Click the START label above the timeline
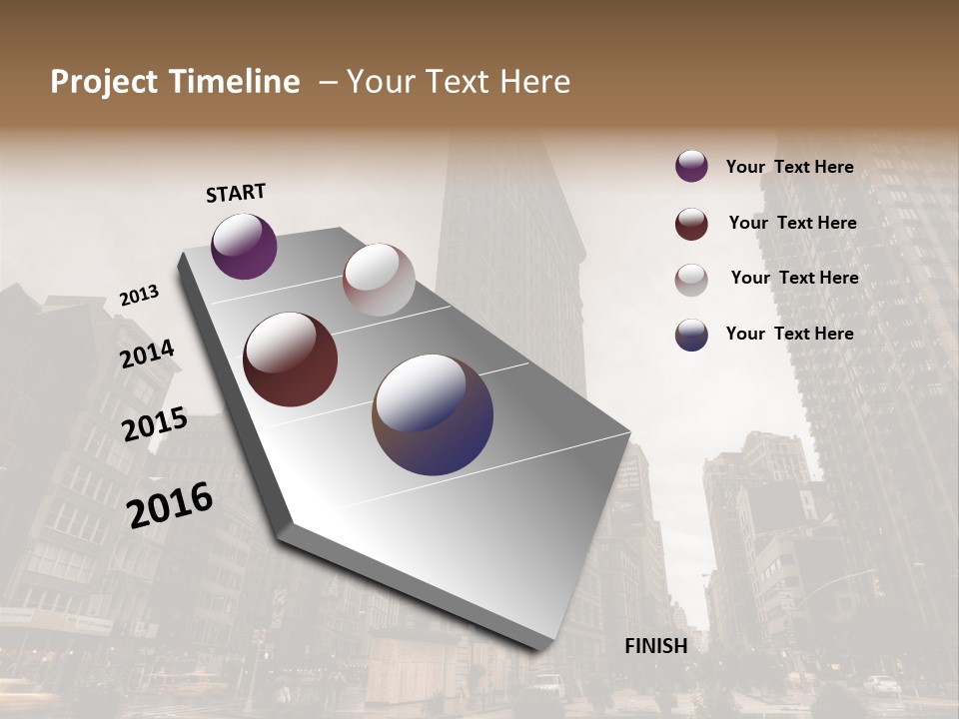[x=236, y=193]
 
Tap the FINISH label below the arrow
[x=655, y=646]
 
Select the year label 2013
[x=139, y=296]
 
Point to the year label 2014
[x=147, y=354]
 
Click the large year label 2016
[x=170, y=505]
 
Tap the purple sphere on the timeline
[x=244, y=246]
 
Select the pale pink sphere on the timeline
[x=379, y=280]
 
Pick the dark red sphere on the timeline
[x=290, y=359]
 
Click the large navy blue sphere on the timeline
[x=433, y=414]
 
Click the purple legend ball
[x=691, y=166]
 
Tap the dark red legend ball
[x=691, y=224]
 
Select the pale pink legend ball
[x=691, y=280]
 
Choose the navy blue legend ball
[x=691, y=335]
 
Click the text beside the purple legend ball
[x=789, y=167]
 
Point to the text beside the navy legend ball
[x=789, y=334]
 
